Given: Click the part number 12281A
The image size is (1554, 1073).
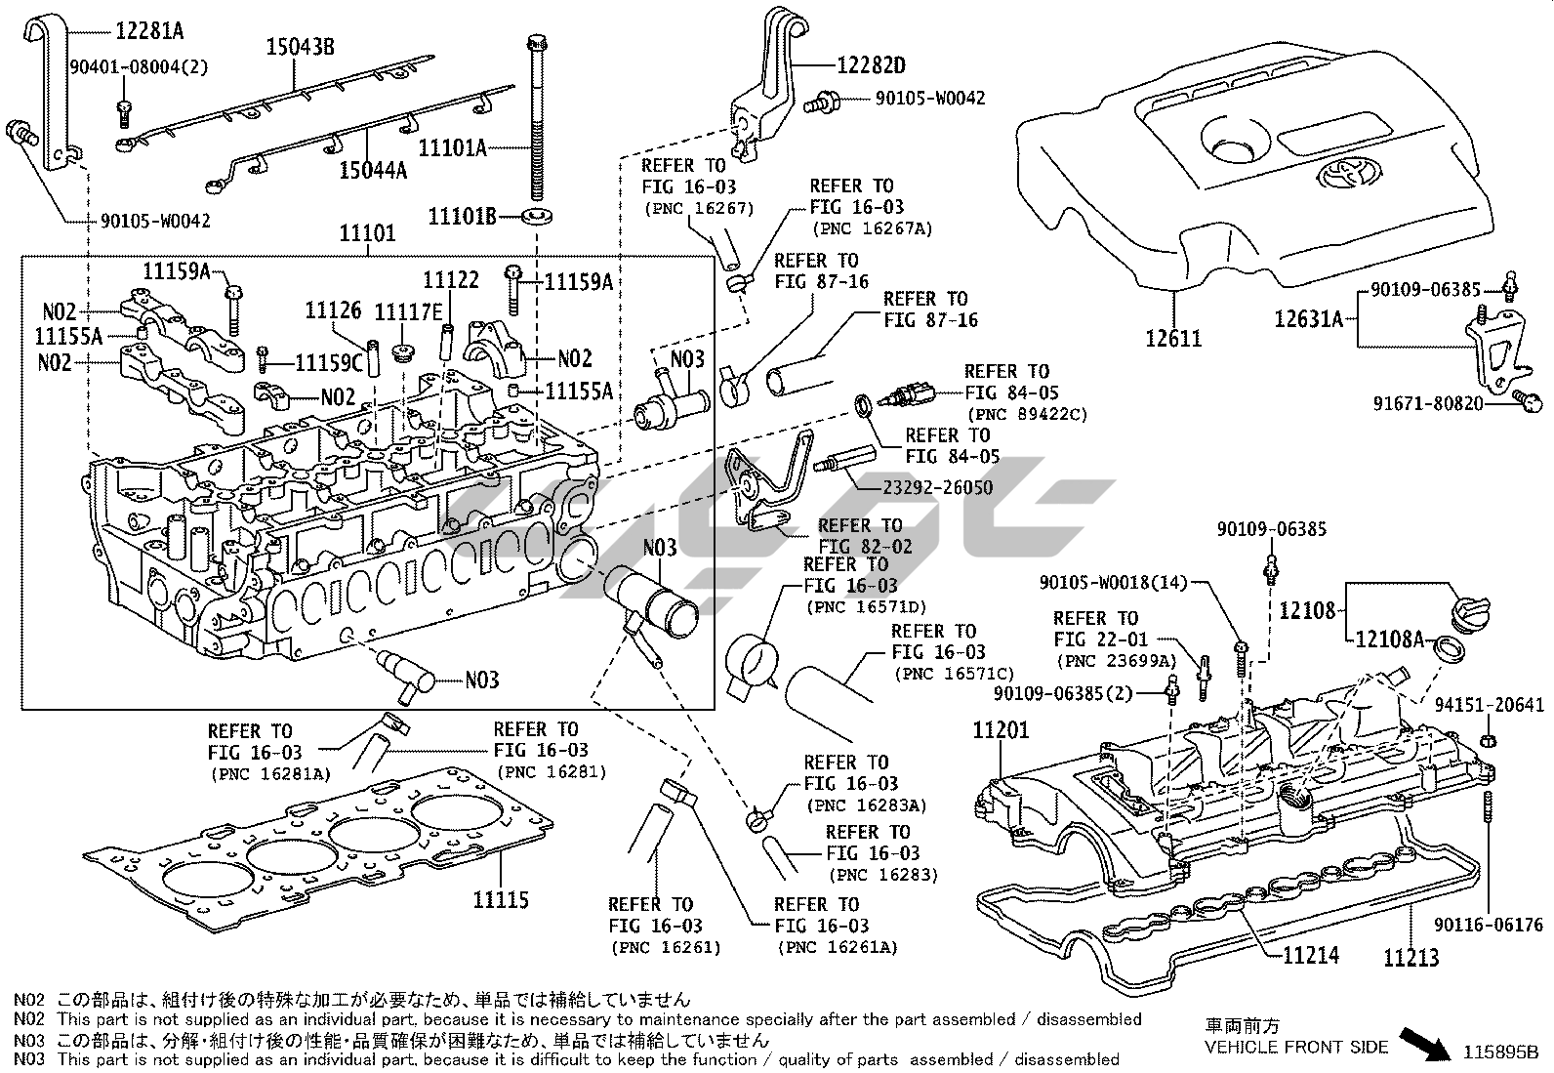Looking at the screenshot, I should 149,30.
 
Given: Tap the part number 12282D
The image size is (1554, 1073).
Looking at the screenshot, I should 871,65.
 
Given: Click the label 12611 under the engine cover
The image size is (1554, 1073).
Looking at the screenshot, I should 1173,339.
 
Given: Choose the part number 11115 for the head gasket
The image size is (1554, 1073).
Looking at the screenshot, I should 501,899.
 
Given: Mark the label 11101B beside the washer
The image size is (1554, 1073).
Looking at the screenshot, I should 463,215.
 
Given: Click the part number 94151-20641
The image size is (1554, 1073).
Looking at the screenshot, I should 1490,704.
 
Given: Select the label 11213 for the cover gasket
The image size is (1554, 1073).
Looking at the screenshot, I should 1411,957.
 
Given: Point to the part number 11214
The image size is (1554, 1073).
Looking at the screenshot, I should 1310,955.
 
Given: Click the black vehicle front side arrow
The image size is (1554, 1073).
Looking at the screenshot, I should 1425,1042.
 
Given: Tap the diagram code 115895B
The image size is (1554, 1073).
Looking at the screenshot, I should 1500,1052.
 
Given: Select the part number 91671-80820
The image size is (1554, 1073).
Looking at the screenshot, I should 1423,402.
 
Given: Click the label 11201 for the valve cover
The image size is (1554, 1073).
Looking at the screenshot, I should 1000,729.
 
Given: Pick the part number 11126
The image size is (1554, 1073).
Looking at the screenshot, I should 333,310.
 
